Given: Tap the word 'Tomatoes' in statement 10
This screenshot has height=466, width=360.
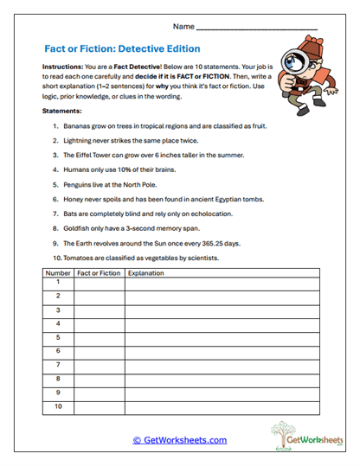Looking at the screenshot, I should tap(80, 258).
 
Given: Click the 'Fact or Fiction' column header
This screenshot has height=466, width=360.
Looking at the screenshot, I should tap(99, 273).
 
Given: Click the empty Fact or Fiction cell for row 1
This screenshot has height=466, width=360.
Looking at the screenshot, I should tap(99, 283).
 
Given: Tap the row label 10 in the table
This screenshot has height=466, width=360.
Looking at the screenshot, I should tap(58, 405).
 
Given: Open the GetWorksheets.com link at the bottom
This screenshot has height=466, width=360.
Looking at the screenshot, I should tap(179, 440).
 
